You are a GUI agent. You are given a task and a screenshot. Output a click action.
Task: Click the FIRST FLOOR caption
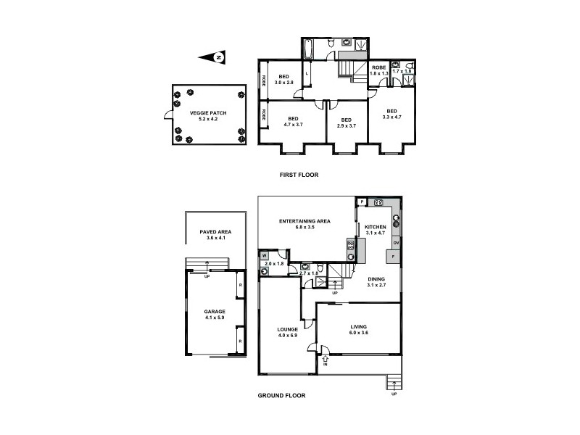point(299,175)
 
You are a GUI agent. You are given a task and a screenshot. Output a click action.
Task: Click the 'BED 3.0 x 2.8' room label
point(284,80)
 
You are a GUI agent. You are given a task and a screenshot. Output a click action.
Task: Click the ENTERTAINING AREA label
point(305,224)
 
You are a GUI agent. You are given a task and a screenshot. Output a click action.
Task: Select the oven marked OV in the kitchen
point(396,242)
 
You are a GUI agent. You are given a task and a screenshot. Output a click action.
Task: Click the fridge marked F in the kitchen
point(392,257)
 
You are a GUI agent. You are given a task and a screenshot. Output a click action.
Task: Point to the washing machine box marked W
point(264,255)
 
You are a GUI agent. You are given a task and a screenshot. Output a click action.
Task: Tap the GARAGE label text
point(215,314)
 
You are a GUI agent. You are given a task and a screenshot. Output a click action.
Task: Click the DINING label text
point(376,281)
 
